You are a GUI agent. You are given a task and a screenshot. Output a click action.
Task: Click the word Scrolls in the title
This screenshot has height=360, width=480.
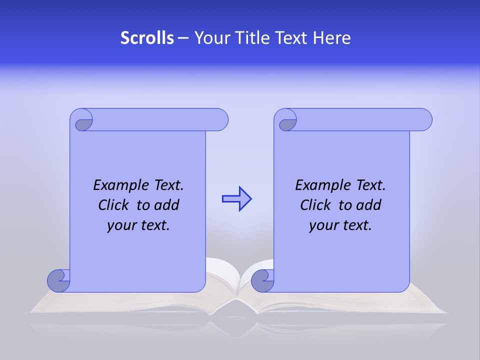point(147,38)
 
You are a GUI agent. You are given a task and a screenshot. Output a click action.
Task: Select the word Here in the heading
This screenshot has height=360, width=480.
point(332,38)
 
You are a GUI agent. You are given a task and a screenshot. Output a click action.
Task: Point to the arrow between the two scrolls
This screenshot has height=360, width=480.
point(236,199)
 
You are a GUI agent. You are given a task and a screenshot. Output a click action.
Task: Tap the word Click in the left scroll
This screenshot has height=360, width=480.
point(113,205)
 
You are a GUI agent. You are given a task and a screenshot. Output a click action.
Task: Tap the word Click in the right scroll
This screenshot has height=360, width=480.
point(315,205)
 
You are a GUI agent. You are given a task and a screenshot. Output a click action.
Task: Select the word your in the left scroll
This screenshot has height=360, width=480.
point(120,225)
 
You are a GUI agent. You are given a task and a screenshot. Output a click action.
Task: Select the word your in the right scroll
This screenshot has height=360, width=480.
point(322,225)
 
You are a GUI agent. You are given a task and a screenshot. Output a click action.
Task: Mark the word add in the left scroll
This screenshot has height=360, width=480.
point(166,205)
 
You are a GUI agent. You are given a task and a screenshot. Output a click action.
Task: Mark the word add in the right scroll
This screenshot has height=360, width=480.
point(368,205)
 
